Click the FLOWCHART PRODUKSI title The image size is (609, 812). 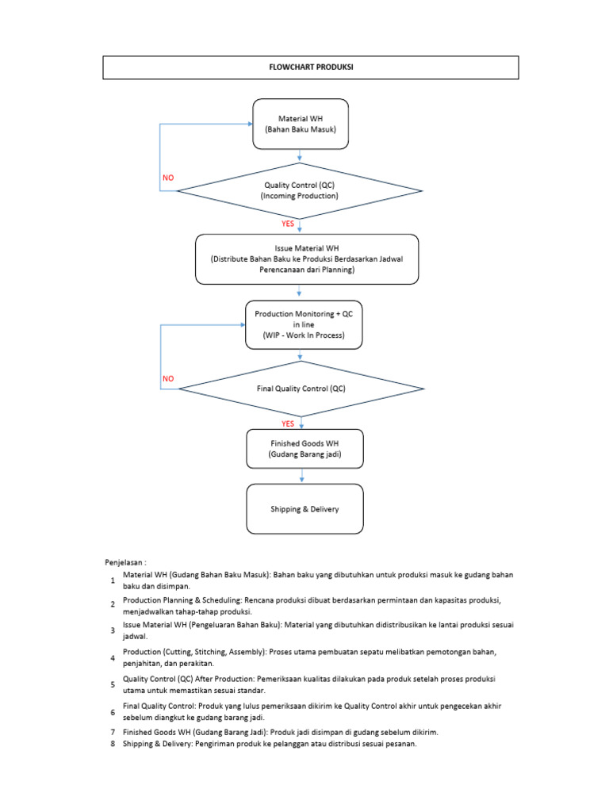(311, 67)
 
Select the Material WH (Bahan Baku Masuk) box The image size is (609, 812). (300, 124)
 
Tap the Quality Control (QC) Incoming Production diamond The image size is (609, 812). (300, 190)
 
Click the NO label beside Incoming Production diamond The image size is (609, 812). (168, 178)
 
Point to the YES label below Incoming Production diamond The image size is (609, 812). (287, 224)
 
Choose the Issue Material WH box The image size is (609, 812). (307, 259)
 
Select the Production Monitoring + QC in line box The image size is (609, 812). (304, 324)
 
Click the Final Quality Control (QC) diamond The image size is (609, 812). (301, 389)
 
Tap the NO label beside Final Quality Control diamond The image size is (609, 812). (168, 379)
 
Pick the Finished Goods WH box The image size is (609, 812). (304, 449)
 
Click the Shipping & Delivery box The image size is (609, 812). (304, 509)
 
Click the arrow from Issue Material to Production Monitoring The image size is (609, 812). (299, 292)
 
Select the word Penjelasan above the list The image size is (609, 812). (126, 561)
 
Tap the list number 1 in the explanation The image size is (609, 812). (113, 581)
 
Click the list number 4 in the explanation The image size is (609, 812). (113, 658)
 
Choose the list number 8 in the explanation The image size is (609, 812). (113, 745)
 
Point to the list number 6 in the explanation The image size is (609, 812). (113, 712)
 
